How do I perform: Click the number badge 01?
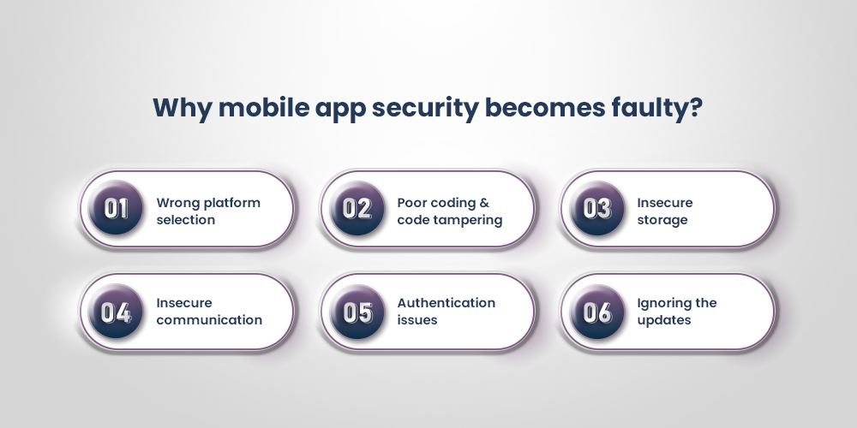[116, 210]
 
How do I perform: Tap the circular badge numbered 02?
[357, 210]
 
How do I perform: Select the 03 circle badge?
[596, 210]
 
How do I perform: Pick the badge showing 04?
[116, 312]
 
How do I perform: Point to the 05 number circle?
[357, 312]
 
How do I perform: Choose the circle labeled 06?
[596, 312]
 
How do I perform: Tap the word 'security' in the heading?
[434, 109]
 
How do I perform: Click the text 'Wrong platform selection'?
[207, 211]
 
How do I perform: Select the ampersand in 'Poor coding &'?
[484, 203]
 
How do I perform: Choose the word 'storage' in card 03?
[662, 220]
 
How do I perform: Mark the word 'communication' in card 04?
[209, 320]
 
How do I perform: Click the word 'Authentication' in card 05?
[446, 303]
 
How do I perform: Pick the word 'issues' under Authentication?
[417, 320]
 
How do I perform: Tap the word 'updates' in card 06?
[664, 320]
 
